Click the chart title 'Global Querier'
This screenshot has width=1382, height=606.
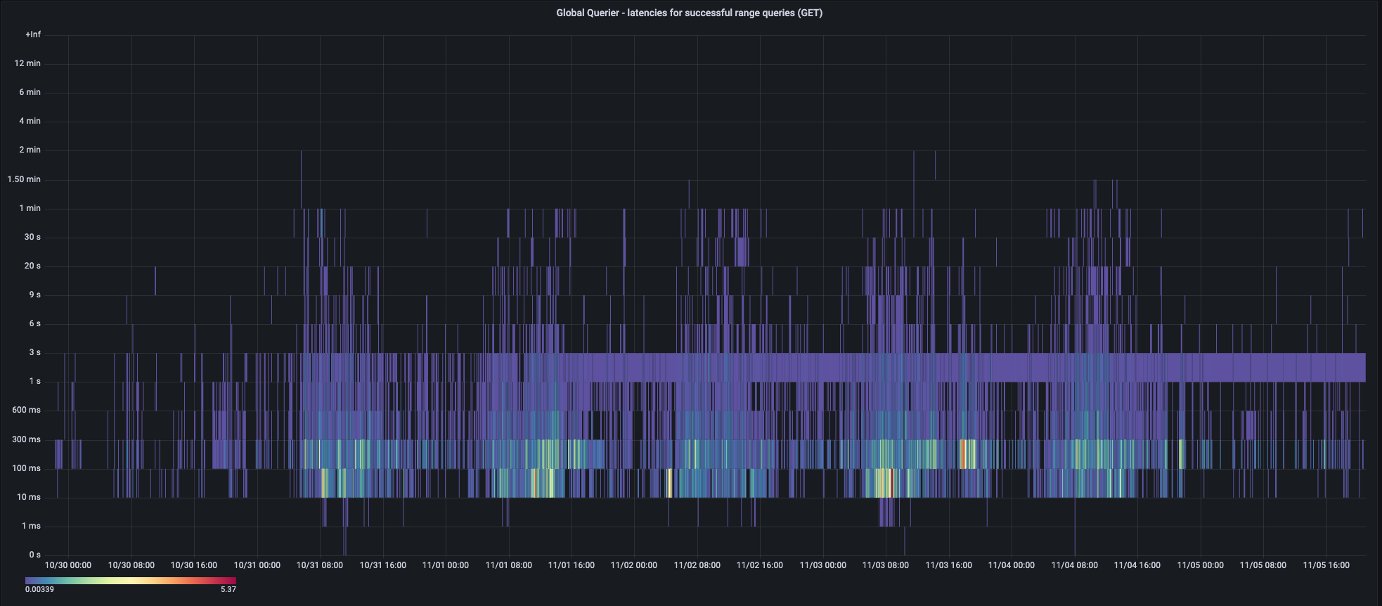tap(689, 13)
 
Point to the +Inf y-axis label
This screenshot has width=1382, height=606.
tap(33, 34)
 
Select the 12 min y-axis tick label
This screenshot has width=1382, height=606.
tap(27, 63)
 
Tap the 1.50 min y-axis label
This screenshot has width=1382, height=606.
tap(24, 179)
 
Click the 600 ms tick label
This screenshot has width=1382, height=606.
tap(26, 410)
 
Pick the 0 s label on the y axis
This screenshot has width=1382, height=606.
tap(34, 555)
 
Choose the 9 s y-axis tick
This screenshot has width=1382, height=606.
tap(34, 295)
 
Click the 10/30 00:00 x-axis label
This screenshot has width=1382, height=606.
tap(68, 565)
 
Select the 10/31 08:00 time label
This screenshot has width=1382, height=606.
tap(320, 565)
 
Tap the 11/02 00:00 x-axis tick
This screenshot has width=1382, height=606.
tap(634, 565)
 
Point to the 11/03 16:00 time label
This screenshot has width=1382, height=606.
tap(948, 565)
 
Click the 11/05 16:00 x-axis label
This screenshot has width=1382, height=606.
tap(1326, 565)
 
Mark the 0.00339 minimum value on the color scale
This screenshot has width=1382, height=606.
tap(39, 589)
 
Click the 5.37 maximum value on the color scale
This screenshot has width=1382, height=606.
tap(228, 589)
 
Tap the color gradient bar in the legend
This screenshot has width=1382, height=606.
tap(131, 581)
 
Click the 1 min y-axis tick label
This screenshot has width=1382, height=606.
tap(30, 208)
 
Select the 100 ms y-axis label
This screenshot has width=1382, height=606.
tap(26, 468)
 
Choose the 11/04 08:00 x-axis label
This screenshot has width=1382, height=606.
tap(1074, 565)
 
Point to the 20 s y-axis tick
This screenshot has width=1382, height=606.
tap(32, 266)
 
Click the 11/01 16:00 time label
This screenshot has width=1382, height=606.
tap(571, 565)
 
